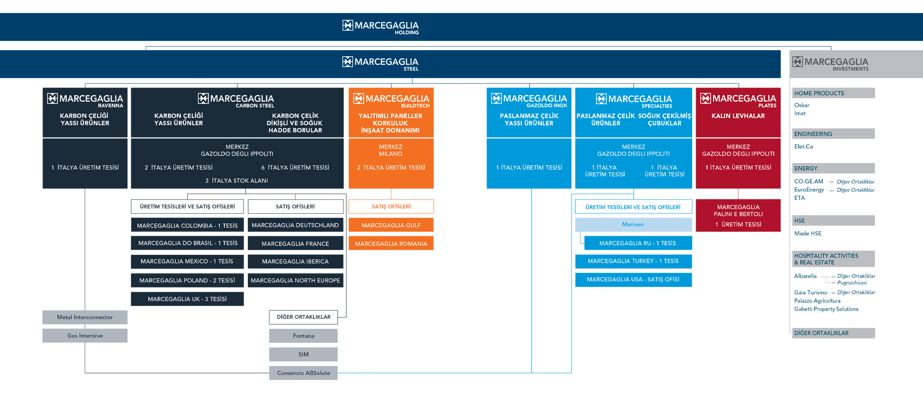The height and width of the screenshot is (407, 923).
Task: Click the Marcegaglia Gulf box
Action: tap(391, 225)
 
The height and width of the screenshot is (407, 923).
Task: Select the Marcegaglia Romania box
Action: tap(391, 243)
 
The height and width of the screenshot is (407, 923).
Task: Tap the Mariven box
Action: tap(633, 224)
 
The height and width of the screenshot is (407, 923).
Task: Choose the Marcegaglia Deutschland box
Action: tap(295, 225)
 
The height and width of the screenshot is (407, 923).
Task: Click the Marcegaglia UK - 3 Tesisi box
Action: tap(187, 299)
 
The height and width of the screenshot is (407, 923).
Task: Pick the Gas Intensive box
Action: tap(85, 335)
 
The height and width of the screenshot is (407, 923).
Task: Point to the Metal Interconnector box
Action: tap(85, 317)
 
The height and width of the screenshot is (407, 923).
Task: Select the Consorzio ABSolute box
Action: tap(303, 373)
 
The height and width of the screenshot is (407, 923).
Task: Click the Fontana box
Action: tap(303, 335)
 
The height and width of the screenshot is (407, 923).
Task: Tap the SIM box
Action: tap(303, 354)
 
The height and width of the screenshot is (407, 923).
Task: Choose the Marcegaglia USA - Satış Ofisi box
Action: tap(633, 279)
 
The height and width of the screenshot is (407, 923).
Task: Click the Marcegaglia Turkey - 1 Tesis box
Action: tap(633, 261)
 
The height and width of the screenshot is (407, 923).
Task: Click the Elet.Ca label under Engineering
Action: tap(803, 147)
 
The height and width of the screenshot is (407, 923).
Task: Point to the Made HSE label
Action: tap(808, 233)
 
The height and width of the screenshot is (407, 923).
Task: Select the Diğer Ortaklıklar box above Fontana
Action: tap(303, 317)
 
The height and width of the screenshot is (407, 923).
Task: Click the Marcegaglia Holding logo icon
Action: tap(348, 25)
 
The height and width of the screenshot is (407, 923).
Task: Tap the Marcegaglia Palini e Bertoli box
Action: tap(738, 215)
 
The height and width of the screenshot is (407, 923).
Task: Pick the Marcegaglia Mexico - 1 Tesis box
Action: tap(187, 261)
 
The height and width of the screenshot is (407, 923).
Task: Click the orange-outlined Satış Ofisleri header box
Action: tap(391, 206)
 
